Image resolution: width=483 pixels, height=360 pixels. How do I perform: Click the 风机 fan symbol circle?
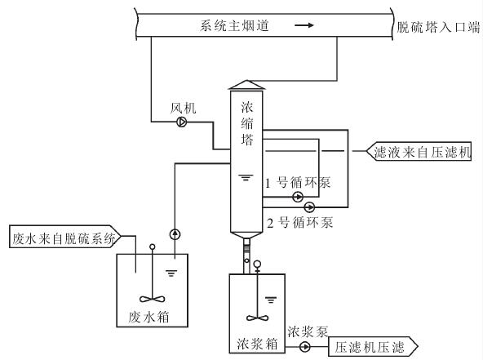click(182, 122)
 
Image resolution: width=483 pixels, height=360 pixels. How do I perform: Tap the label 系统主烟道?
click(234, 25)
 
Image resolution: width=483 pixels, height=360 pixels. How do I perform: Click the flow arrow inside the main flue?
click(304, 25)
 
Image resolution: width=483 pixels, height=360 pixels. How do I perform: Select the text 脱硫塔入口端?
click(438, 27)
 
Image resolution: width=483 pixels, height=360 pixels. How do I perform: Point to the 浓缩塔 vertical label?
click(247, 123)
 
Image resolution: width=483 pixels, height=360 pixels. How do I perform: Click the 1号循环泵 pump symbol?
click(298, 197)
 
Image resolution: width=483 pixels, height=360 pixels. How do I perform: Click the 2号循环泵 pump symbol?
click(309, 207)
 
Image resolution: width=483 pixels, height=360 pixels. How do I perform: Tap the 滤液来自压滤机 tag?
click(419, 152)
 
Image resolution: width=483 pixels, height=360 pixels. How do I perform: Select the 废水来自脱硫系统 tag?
click(64, 237)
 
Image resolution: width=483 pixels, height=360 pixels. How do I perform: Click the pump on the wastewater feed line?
click(175, 234)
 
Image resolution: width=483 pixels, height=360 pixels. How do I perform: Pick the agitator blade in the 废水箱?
click(153, 299)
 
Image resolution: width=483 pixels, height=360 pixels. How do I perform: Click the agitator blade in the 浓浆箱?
click(257, 318)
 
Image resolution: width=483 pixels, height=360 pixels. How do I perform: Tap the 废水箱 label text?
click(149, 317)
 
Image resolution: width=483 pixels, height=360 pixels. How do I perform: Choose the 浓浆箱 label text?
click(257, 344)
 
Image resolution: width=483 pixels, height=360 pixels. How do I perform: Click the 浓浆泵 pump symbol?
click(305, 347)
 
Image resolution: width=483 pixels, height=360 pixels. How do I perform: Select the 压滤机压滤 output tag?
click(374, 347)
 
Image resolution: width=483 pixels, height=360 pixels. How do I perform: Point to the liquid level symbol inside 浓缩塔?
click(246, 177)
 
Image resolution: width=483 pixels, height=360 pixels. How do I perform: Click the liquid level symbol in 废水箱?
click(171, 273)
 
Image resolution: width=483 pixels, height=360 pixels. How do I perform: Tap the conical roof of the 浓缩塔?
click(246, 84)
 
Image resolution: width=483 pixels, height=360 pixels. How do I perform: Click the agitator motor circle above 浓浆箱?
click(257, 264)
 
